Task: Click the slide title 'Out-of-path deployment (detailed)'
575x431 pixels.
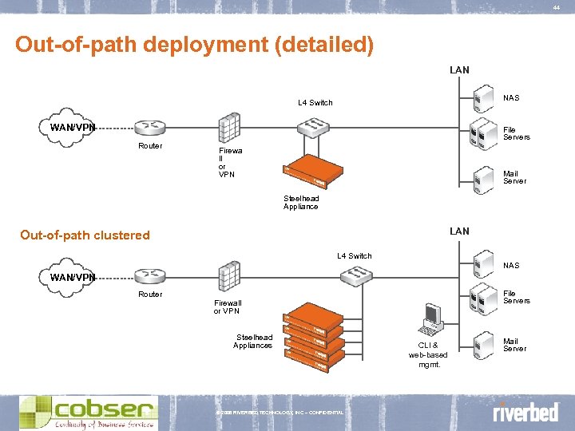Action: pos(194,44)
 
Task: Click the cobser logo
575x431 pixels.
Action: pos(88,412)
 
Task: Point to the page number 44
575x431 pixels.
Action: pos(556,8)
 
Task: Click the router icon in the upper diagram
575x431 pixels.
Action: pos(149,128)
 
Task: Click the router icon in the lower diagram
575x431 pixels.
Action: pos(149,276)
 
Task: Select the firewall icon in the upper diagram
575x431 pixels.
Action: pos(229,129)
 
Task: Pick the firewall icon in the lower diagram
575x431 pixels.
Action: pos(229,276)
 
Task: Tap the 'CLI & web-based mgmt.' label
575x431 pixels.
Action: pos(428,355)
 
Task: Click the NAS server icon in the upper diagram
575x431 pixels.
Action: pos(482,101)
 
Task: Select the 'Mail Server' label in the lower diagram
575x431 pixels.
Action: pos(514,344)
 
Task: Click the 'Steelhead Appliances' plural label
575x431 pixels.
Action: pos(252,341)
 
